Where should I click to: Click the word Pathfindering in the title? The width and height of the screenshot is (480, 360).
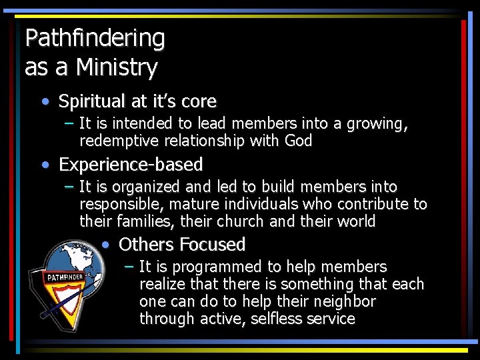tap(95, 39)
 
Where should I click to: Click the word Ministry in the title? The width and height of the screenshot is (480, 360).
tap(117, 67)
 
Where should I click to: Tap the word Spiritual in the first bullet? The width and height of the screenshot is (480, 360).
tap(92, 102)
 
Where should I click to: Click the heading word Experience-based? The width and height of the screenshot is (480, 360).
tap(131, 164)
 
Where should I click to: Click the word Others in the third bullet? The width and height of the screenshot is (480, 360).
tap(145, 245)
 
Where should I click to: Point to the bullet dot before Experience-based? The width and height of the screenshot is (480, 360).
tap(44, 164)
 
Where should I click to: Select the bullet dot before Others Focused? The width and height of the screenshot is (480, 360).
tap(105, 245)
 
